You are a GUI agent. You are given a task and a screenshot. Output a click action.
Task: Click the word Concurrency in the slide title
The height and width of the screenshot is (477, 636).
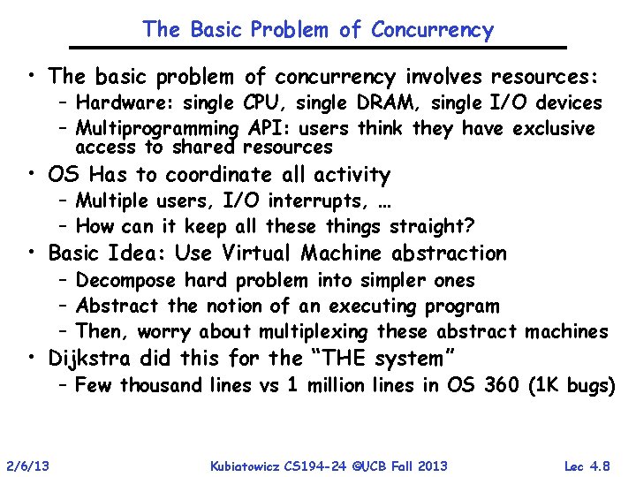click(432, 30)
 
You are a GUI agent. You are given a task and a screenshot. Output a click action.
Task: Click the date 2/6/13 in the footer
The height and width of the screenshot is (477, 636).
click(28, 466)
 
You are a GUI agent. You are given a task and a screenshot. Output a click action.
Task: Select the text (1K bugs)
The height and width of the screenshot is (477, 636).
click(571, 385)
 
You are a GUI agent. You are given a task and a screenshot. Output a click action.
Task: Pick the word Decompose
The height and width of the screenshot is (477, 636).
click(127, 281)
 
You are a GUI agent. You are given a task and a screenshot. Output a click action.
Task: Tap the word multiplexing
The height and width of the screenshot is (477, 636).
click(314, 332)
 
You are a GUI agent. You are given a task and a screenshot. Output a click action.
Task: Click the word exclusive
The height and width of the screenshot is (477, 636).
click(550, 129)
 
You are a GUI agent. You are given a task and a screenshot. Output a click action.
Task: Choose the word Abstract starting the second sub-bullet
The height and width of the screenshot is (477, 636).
click(117, 307)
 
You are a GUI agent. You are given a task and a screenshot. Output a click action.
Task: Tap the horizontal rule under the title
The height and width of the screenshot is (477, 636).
click(318, 47)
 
